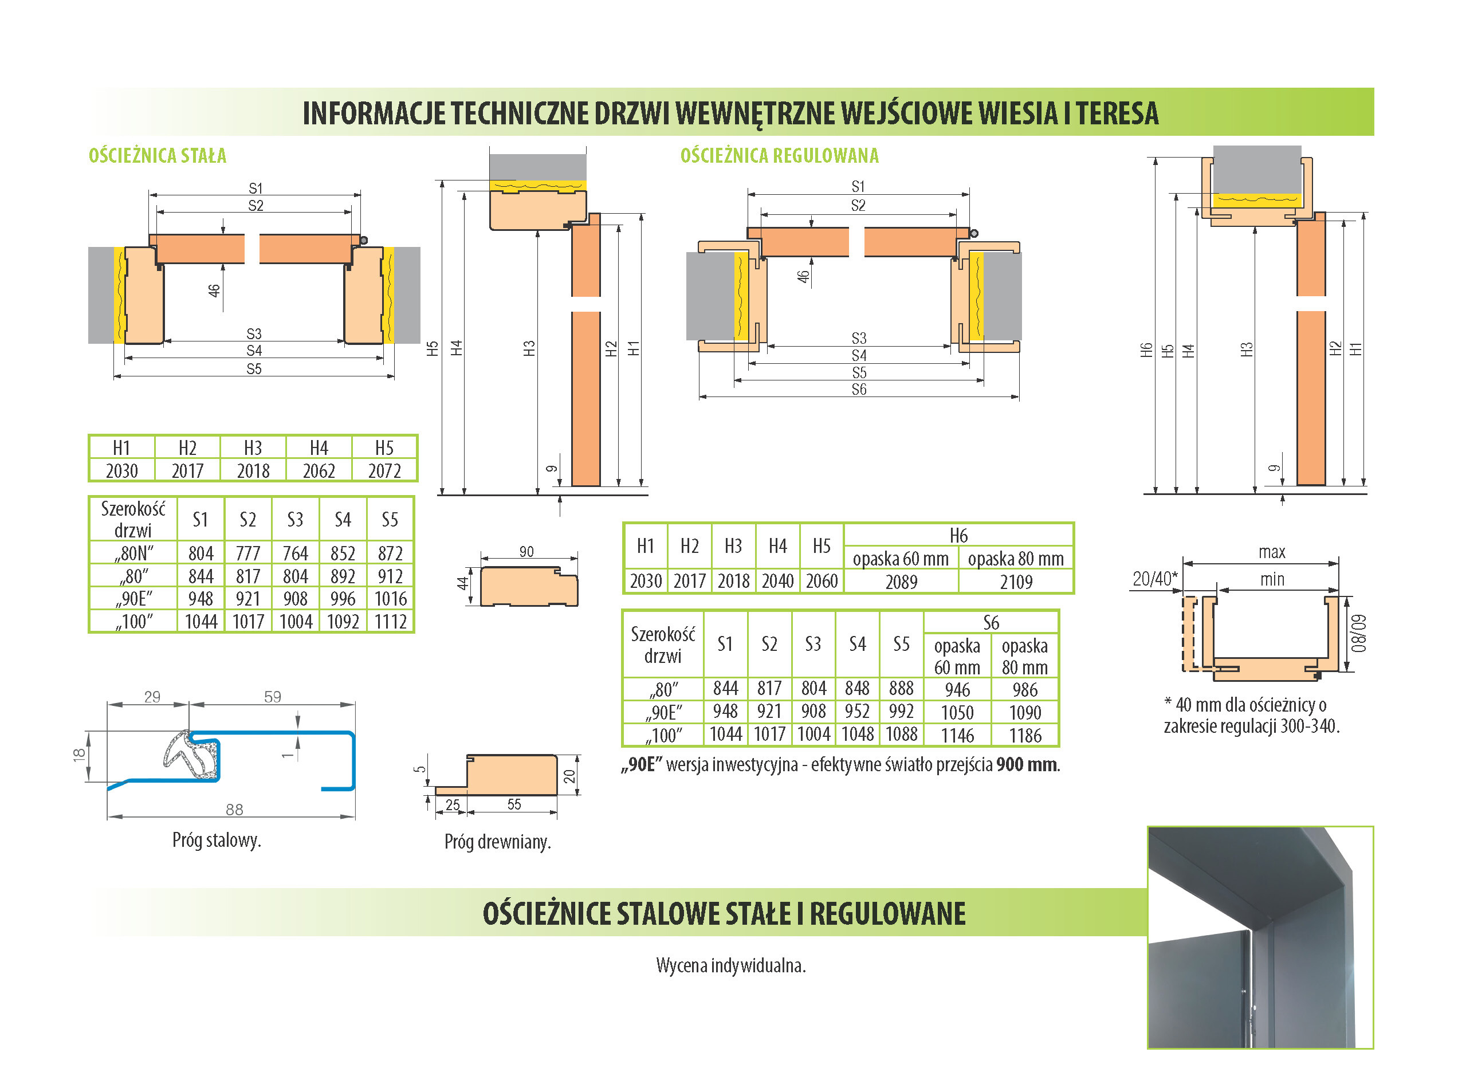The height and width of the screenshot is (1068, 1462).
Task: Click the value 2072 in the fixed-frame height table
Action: coord(384,470)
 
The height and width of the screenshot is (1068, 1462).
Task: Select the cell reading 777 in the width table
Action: coord(247,553)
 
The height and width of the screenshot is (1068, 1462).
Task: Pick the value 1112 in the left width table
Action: coord(390,622)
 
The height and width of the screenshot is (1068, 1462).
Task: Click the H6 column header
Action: coord(958,535)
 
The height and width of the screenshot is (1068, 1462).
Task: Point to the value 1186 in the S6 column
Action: coord(1024,735)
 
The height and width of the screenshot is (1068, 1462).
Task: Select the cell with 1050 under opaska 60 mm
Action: coord(957,712)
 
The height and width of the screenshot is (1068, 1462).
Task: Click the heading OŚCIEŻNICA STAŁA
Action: coord(157,156)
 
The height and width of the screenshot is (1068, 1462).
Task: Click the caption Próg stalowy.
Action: coord(217,840)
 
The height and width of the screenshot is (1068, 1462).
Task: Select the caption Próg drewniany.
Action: coord(497,842)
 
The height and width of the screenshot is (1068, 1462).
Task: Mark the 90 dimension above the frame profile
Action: coord(526,551)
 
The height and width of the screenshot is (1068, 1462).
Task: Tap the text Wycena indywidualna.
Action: coord(730,965)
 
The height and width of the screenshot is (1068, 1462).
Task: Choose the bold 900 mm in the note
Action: coord(1027,765)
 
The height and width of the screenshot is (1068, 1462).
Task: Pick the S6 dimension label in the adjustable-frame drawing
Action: coord(858,389)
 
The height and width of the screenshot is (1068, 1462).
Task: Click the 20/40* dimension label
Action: coord(1154,579)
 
